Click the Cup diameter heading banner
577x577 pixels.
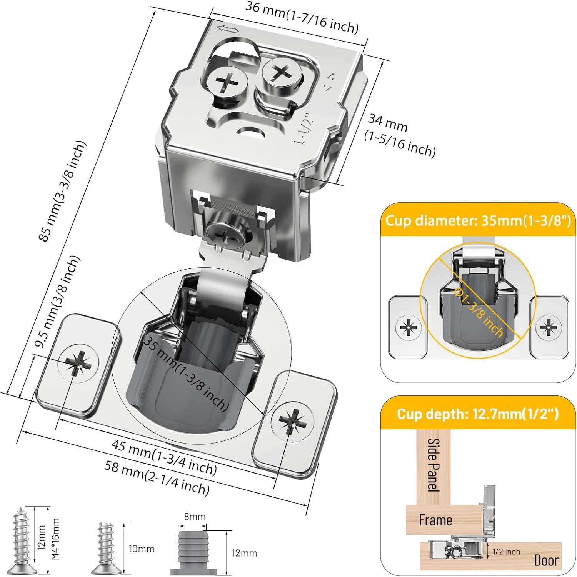tap(478, 221)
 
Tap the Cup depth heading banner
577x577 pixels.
tap(478, 414)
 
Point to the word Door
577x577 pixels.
tap(546, 560)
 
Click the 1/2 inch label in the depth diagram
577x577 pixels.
tap(506, 552)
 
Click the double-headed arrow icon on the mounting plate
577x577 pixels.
tap(228, 29)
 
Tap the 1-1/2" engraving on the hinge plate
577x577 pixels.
tap(303, 129)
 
